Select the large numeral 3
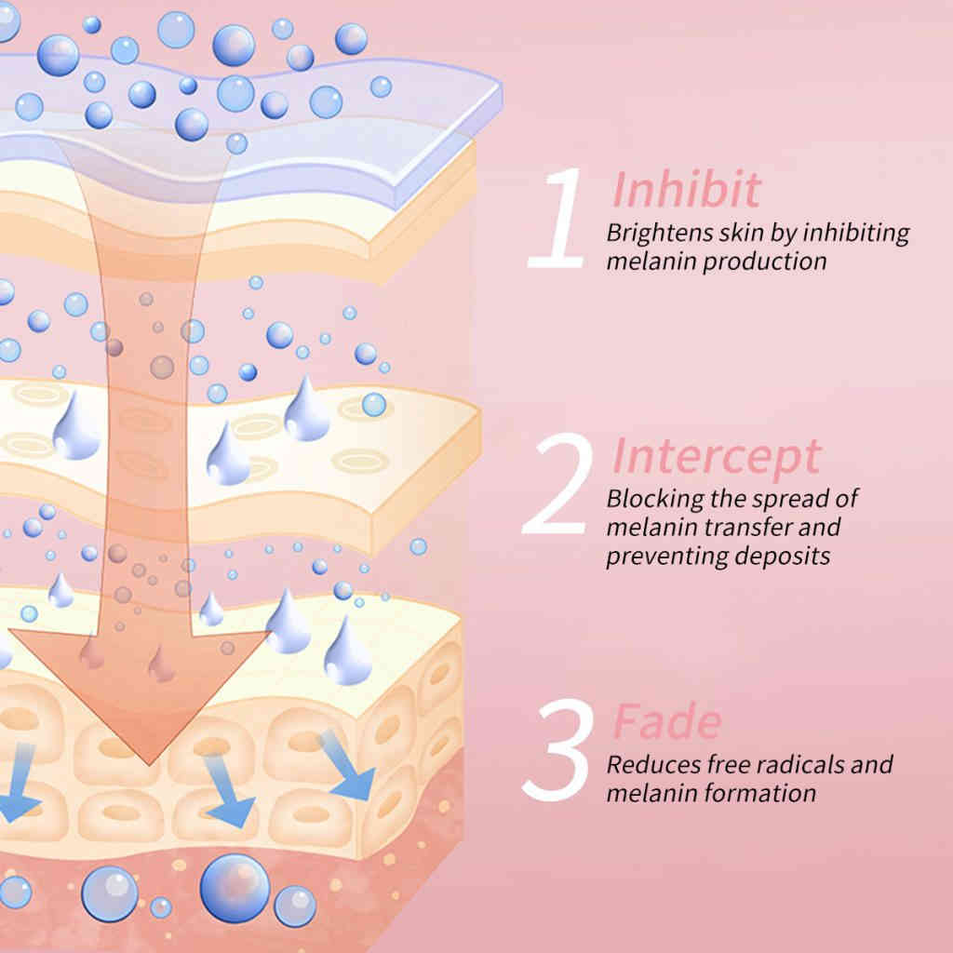pyautogui.click(x=558, y=751)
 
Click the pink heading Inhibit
pyautogui.click(x=686, y=189)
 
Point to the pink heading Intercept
pyautogui.click(x=717, y=456)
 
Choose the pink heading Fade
pyautogui.click(x=666, y=721)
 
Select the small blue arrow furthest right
pyautogui.click(x=351, y=768)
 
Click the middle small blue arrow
pyautogui.click(x=228, y=791)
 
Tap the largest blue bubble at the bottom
pyautogui.click(x=235, y=884)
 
